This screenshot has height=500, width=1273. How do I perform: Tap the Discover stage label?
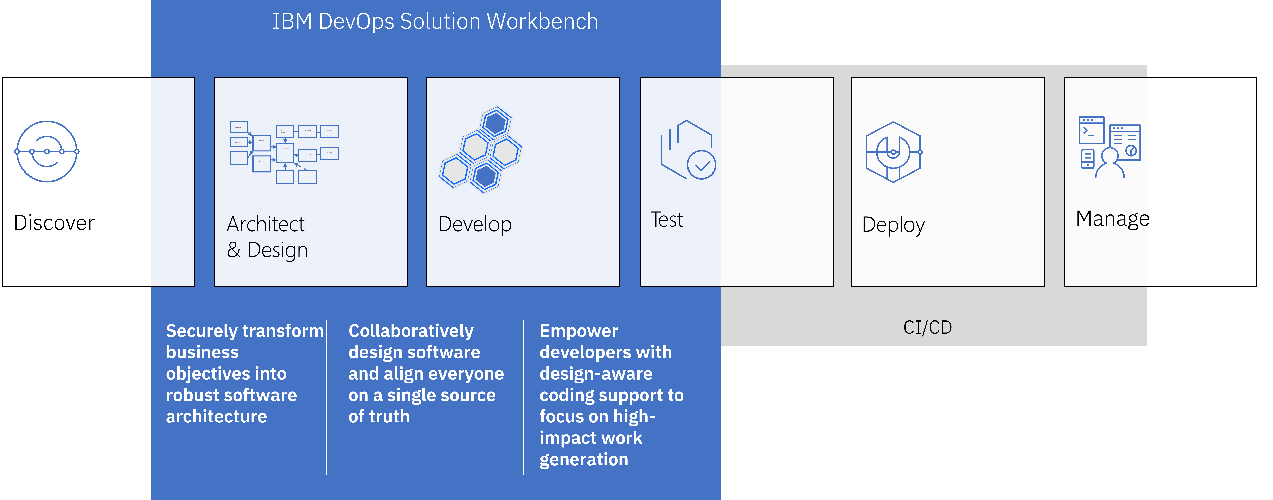[54, 223]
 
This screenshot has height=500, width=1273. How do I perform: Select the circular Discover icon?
[47, 152]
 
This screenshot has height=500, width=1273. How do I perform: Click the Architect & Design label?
[267, 237]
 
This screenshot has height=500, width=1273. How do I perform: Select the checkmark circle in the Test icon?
[702, 165]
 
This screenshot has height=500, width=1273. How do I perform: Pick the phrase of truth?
[379, 416]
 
